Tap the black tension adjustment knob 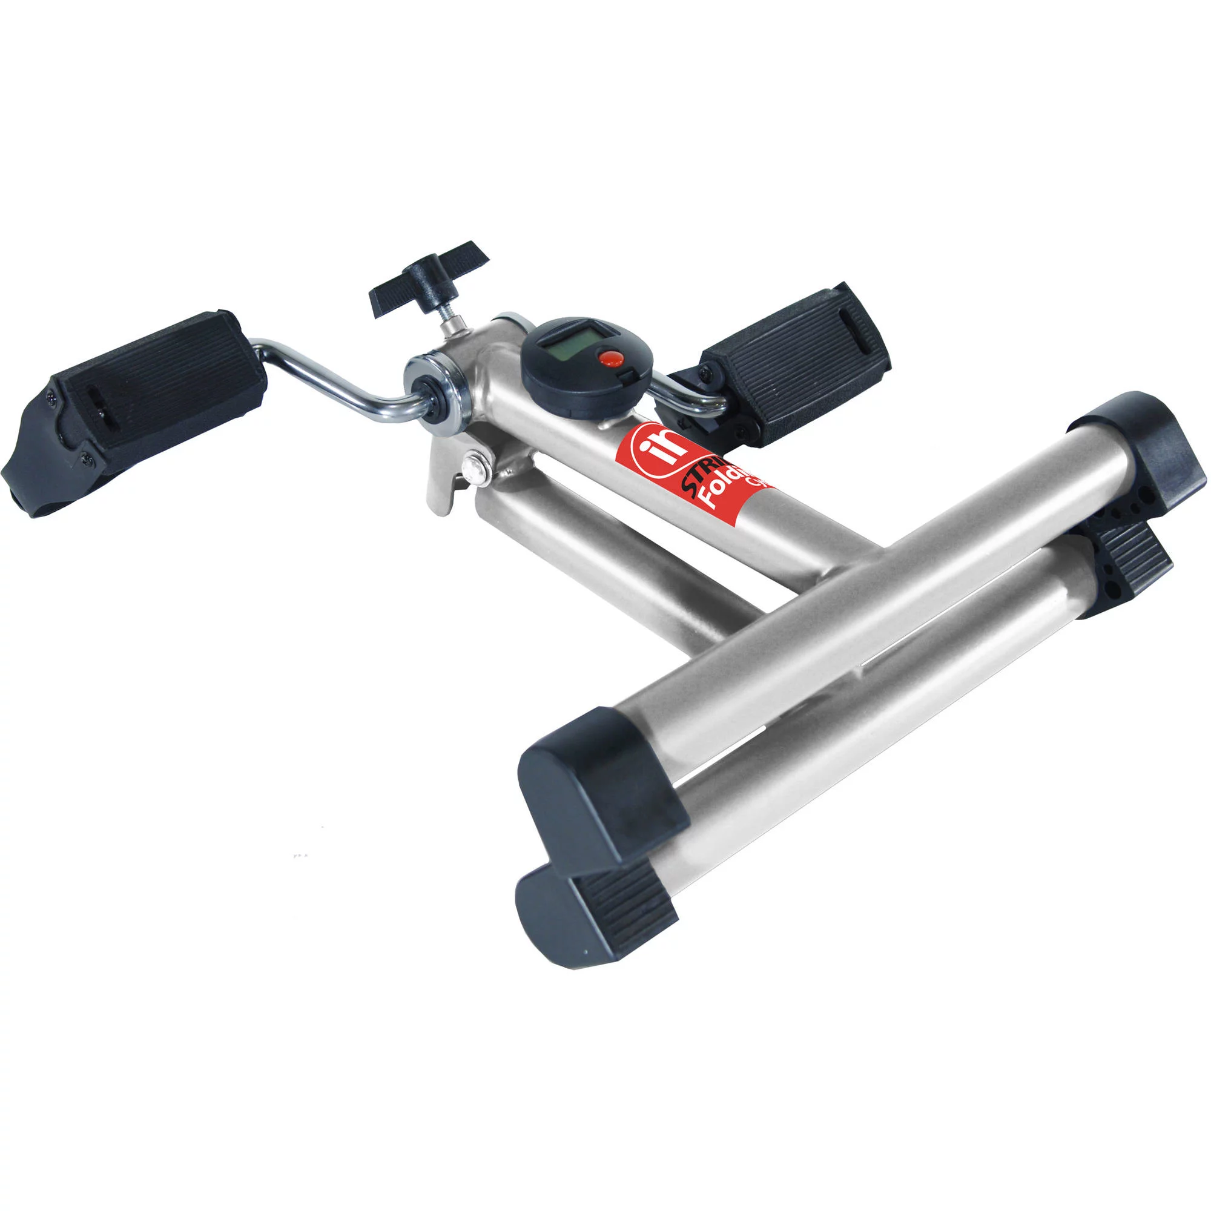[x=428, y=276]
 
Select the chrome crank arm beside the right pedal [x=687, y=394]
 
